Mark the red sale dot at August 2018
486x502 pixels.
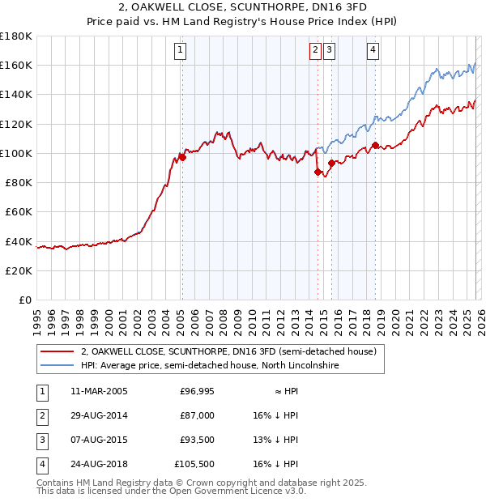pos(375,146)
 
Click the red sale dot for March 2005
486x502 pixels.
pos(182,158)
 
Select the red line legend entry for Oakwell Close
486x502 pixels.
pos(228,352)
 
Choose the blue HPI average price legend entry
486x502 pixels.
pos(209,366)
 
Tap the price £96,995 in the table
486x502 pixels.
pos(196,391)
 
